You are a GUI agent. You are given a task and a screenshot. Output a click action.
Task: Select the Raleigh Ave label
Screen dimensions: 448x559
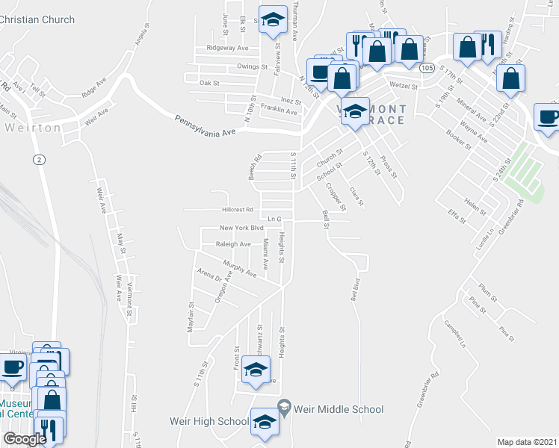coord(233,244)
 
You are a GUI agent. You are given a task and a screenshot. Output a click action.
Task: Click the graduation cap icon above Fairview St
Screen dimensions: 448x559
coord(273,20)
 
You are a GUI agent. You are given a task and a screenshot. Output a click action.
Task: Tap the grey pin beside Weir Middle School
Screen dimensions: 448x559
coord(283,408)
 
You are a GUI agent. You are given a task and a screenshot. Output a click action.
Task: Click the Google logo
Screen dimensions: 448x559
coord(25,440)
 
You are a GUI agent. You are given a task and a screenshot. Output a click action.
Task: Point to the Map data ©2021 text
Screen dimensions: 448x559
coord(528,442)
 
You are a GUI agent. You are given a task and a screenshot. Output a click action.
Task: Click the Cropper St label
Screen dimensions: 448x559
coord(331,196)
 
